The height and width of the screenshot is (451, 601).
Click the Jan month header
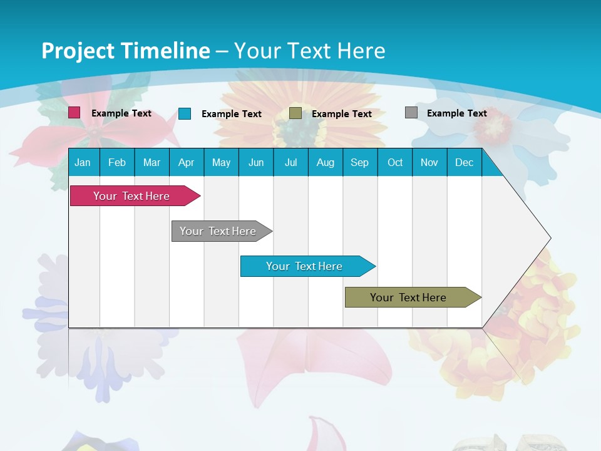tap(83, 162)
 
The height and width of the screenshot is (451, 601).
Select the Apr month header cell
tap(187, 162)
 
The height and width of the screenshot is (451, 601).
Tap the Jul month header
tap(290, 162)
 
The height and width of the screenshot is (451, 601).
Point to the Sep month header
tap(360, 162)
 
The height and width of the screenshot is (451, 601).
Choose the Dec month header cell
tap(464, 162)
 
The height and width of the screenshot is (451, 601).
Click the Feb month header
tap(117, 162)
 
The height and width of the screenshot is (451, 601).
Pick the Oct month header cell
tap(395, 162)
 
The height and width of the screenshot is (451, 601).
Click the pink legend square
tap(74, 113)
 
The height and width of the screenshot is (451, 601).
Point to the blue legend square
tap(185, 113)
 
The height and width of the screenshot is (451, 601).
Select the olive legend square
tap(295, 113)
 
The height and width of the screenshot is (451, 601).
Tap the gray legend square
tap(411, 113)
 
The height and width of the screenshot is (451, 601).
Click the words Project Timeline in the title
tap(126, 51)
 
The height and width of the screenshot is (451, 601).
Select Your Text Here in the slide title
tap(309, 51)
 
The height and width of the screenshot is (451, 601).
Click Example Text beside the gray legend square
tap(456, 113)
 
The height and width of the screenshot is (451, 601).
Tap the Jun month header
tap(256, 162)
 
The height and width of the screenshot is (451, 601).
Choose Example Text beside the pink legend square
tap(121, 113)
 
